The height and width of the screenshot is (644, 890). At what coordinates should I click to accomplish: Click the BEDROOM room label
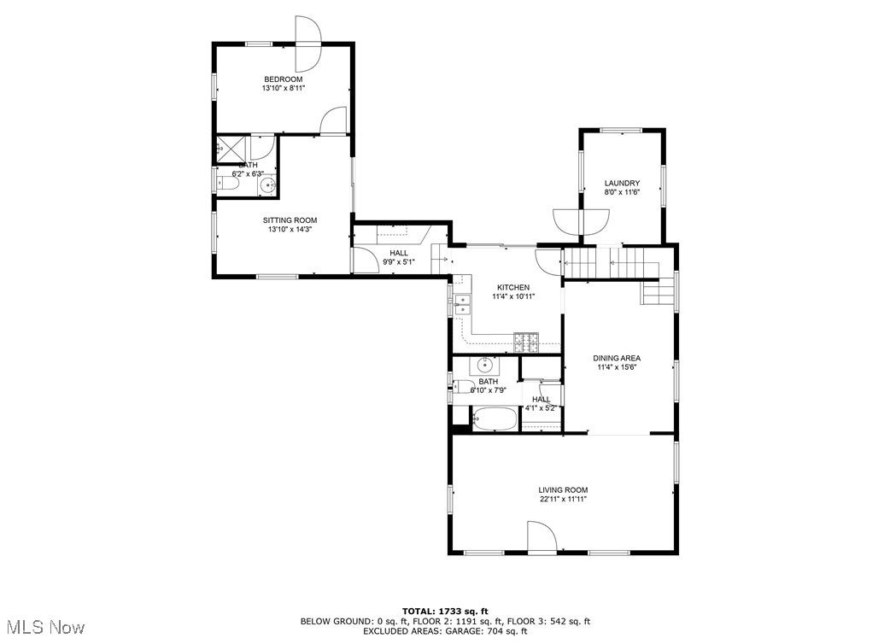(283, 79)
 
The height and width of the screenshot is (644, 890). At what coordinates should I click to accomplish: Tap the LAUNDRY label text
(622, 184)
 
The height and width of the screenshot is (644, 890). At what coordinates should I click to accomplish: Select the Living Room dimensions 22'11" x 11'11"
(562, 499)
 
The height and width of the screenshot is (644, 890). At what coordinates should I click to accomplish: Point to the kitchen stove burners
(527, 342)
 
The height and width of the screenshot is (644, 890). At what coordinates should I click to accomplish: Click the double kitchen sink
(462, 301)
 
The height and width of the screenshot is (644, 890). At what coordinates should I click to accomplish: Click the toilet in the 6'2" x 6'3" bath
(228, 184)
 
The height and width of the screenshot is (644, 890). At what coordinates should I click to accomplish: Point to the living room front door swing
(542, 538)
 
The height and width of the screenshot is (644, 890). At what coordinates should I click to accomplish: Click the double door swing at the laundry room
(581, 220)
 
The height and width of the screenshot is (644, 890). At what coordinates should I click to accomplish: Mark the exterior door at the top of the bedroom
(307, 44)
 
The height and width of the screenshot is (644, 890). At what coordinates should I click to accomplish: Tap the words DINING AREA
(617, 358)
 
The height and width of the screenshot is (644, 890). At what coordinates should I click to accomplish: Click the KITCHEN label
(511, 287)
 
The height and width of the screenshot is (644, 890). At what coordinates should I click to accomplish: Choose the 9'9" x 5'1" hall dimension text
(399, 262)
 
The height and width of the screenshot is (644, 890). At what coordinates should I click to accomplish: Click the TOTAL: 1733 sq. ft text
(445, 611)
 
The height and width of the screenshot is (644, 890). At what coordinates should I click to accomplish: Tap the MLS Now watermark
(43, 627)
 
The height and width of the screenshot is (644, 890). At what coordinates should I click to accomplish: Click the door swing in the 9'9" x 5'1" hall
(366, 260)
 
